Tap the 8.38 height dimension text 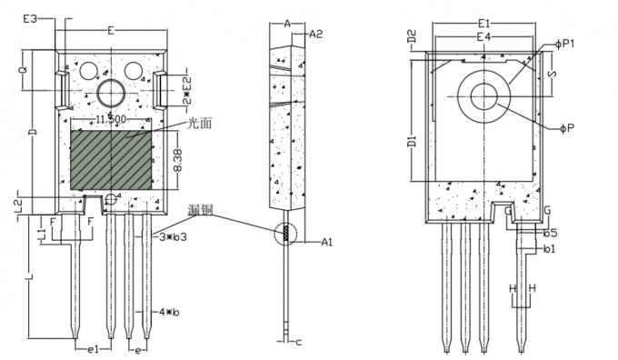(179, 160)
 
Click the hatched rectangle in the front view (111, 160)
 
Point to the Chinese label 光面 (200, 124)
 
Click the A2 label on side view (317, 35)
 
